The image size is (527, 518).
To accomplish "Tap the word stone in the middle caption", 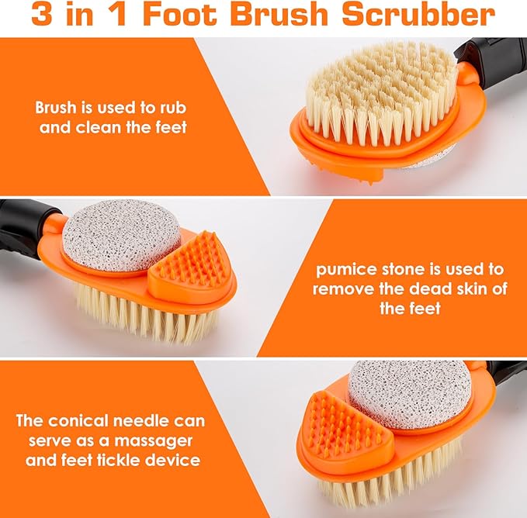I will point(414,270).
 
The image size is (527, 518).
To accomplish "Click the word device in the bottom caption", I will point(176,460).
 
